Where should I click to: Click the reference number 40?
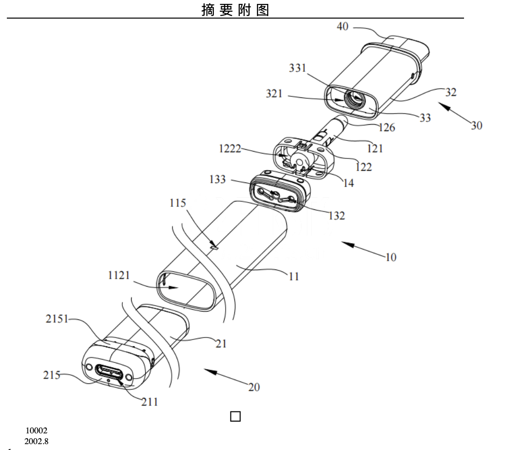click(343, 27)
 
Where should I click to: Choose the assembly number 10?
click(391, 256)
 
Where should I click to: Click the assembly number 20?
click(254, 387)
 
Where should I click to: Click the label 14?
click(349, 183)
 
